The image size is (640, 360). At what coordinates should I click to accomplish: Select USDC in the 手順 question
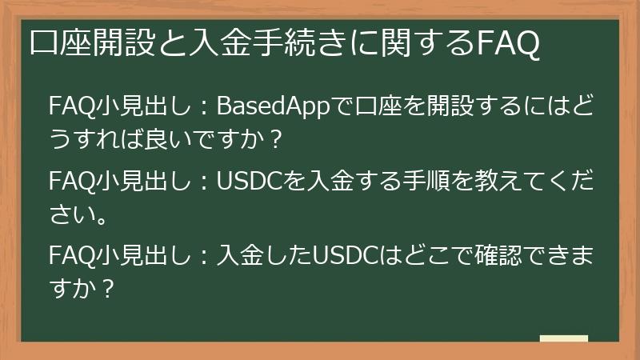[x=250, y=180]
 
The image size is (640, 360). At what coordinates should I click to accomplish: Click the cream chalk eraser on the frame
[x=563, y=340]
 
